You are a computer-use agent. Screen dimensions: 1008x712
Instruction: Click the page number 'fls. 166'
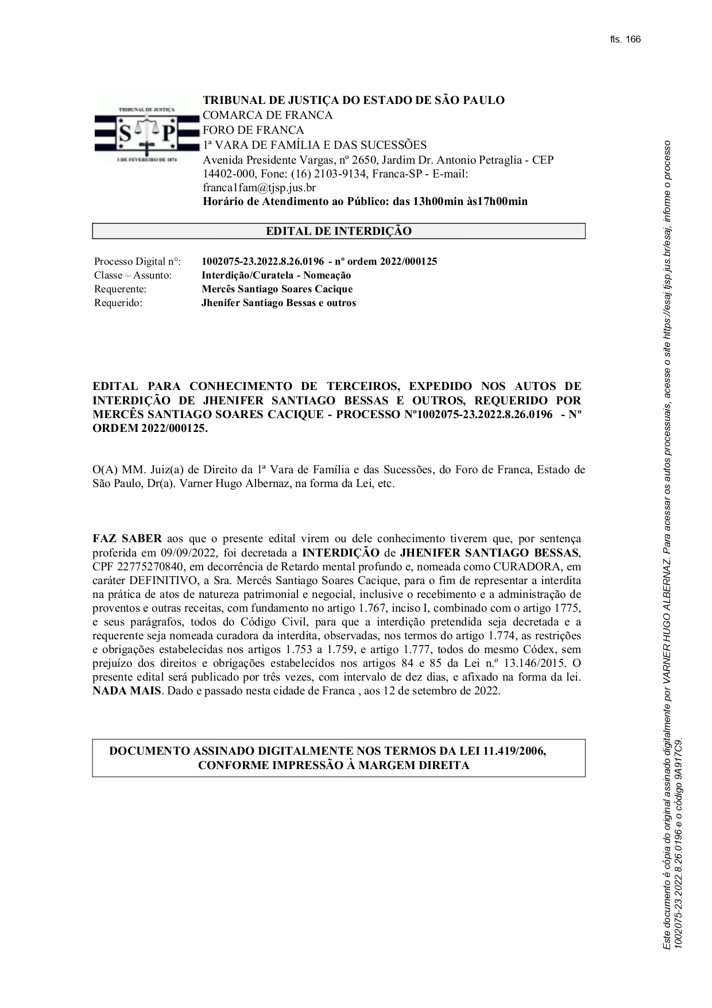625,39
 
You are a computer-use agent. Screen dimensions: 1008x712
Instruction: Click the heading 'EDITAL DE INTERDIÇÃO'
338,231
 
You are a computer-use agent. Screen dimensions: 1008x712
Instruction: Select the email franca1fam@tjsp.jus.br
259,187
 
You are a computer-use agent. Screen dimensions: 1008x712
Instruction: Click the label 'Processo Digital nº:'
137,261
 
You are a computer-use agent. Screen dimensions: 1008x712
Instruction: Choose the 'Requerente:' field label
121,289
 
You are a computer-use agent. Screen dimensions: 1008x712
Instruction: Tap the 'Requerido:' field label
118,303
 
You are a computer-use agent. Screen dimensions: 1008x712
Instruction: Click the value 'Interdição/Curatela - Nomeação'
276,275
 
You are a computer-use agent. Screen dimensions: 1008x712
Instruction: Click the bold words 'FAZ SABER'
127,539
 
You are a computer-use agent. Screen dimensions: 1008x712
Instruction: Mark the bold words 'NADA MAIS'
127,690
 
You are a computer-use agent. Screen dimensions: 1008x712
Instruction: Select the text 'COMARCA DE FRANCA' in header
268,115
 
